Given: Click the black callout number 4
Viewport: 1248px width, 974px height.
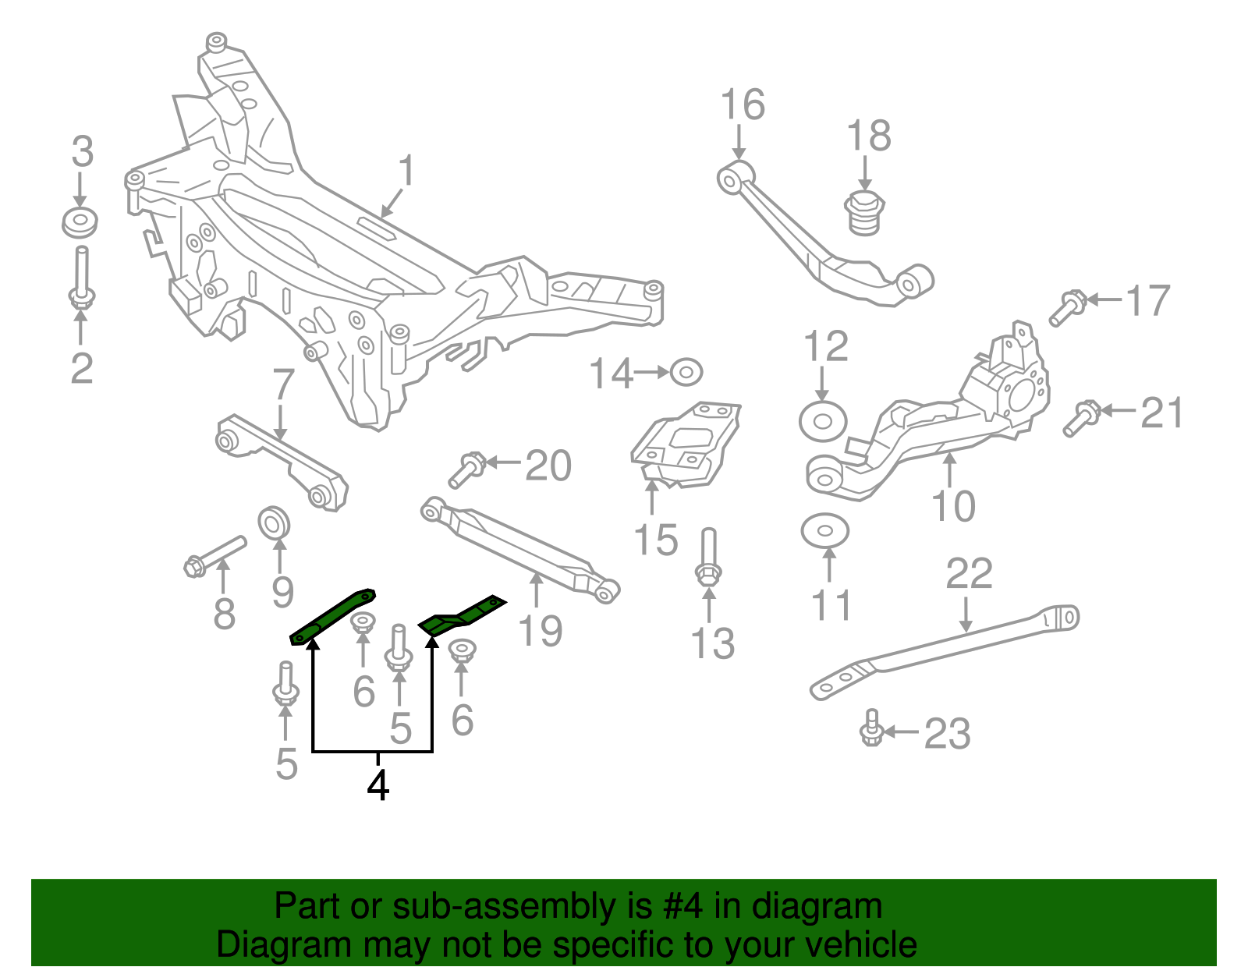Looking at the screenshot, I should point(378,785).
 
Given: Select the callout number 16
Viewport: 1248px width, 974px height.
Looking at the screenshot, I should point(742,105).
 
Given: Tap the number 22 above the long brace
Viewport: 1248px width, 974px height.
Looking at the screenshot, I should point(969,575).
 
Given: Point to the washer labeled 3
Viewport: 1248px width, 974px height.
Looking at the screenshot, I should point(80,223).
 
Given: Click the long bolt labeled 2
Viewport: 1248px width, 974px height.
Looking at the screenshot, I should point(81,278).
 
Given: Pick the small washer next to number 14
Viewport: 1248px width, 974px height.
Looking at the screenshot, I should point(686,372).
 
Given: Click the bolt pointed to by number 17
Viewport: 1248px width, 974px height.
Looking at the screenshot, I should point(1066,307).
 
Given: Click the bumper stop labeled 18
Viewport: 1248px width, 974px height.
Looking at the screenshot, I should point(863,212).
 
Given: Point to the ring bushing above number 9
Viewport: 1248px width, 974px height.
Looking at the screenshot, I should point(274,522).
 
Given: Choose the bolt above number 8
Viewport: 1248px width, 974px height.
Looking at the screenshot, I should point(215,554).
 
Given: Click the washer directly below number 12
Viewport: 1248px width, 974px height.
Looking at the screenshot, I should point(822,422).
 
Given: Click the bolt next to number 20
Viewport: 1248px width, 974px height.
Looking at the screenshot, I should point(467,470).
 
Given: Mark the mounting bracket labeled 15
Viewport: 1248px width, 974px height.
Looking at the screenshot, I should point(685,444).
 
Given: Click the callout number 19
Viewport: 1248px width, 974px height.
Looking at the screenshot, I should point(540,630).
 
